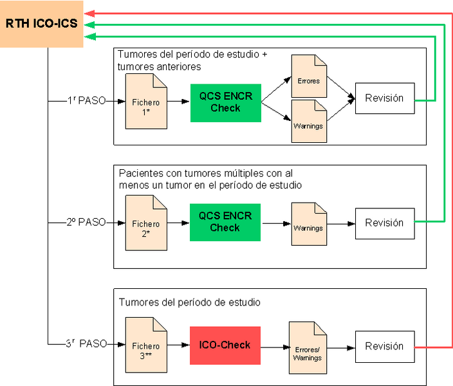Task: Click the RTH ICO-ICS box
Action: (x=42, y=24)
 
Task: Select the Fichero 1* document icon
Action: (x=146, y=102)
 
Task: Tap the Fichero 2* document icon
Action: (x=146, y=223)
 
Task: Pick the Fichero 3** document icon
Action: (x=146, y=345)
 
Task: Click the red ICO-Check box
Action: (x=225, y=345)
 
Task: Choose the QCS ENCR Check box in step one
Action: (x=226, y=103)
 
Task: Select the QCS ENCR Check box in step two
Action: (x=225, y=222)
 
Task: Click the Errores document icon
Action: (x=309, y=76)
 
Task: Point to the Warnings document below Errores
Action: (x=309, y=122)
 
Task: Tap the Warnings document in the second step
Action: (x=309, y=224)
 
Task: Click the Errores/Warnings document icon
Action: (x=308, y=348)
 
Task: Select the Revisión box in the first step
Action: (x=385, y=98)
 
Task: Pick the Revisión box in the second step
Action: (x=385, y=223)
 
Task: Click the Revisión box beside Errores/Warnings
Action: (x=385, y=347)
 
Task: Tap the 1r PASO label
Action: (x=87, y=100)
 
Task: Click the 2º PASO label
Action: (x=86, y=222)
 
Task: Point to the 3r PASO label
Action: (x=86, y=344)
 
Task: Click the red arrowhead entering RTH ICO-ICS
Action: (x=89, y=14)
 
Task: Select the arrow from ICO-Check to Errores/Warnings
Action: (x=275, y=347)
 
